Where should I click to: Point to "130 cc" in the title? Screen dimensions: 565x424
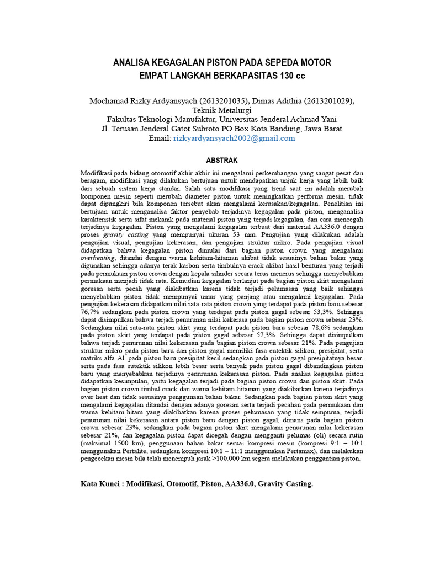(x=290, y=75)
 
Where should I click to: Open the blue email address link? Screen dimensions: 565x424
(x=234, y=138)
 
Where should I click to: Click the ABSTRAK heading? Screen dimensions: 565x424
(x=221, y=161)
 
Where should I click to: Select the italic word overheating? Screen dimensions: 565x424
(x=98, y=257)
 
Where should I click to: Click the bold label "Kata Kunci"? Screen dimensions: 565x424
(x=100, y=483)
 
